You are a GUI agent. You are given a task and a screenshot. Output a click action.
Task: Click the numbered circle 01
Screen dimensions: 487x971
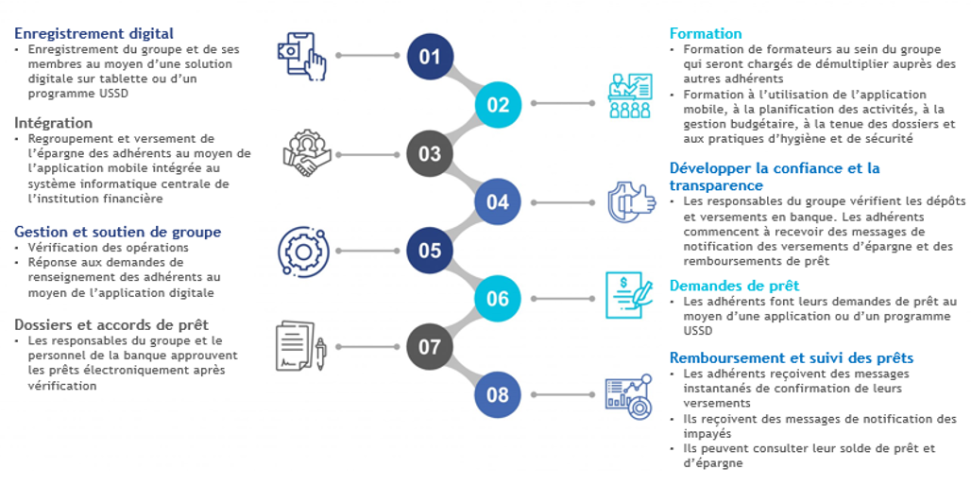430,56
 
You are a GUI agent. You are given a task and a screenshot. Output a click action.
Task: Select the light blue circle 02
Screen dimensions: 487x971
497,104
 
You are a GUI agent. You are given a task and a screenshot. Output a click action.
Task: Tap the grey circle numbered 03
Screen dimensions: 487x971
430,153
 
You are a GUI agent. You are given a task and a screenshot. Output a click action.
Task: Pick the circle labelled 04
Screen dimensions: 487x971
497,201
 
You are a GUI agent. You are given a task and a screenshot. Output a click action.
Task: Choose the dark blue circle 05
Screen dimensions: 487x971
430,250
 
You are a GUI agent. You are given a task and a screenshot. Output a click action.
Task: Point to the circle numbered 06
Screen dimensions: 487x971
497,299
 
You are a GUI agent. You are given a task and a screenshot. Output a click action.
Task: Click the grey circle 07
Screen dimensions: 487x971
430,347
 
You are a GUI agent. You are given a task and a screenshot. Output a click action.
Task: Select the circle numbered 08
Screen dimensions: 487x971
497,395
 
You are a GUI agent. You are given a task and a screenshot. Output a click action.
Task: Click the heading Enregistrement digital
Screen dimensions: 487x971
94,34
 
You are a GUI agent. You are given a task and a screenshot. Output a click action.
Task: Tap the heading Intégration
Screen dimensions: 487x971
53,123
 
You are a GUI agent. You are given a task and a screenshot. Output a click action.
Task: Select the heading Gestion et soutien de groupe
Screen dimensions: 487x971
117,232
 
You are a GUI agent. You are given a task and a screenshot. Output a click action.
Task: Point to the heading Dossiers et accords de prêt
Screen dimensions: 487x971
111,324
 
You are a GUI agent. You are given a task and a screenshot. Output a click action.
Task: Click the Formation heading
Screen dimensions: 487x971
705,34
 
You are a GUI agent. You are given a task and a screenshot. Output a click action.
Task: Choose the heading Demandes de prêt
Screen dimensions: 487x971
734,285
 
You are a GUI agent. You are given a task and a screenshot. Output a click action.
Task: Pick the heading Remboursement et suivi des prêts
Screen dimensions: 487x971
791,357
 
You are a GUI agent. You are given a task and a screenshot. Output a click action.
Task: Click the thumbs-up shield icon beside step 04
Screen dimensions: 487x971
631,201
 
